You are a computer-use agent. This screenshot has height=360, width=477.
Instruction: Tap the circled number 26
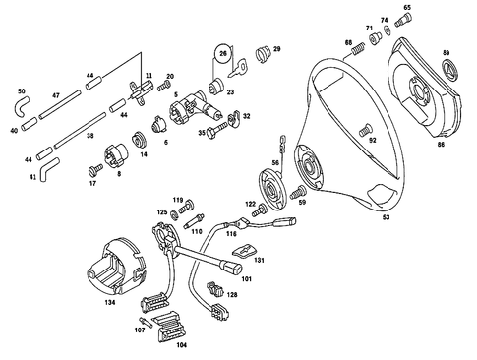(223, 53)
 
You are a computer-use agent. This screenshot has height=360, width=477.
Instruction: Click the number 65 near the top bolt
(407, 8)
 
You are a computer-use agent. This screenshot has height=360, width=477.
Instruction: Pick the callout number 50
(21, 90)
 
